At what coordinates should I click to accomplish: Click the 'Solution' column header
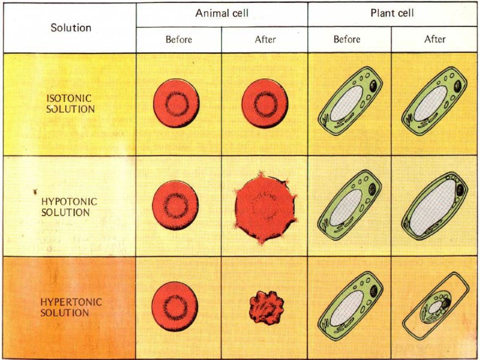pyautogui.click(x=70, y=28)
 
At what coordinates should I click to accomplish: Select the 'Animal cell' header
pyautogui.click(x=222, y=14)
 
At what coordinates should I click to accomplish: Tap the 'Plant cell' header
pyautogui.click(x=393, y=14)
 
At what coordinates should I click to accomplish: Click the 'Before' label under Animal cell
pyautogui.click(x=179, y=40)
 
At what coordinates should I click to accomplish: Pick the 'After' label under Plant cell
pyautogui.click(x=435, y=40)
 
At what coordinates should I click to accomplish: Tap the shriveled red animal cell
pyautogui.click(x=265, y=307)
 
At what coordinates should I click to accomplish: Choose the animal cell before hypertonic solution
pyautogui.click(x=175, y=307)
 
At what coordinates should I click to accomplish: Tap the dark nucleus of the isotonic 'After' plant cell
pyautogui.click(x=458, y=88)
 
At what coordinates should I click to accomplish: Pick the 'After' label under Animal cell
pyautogui.click(x=265, y=40)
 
